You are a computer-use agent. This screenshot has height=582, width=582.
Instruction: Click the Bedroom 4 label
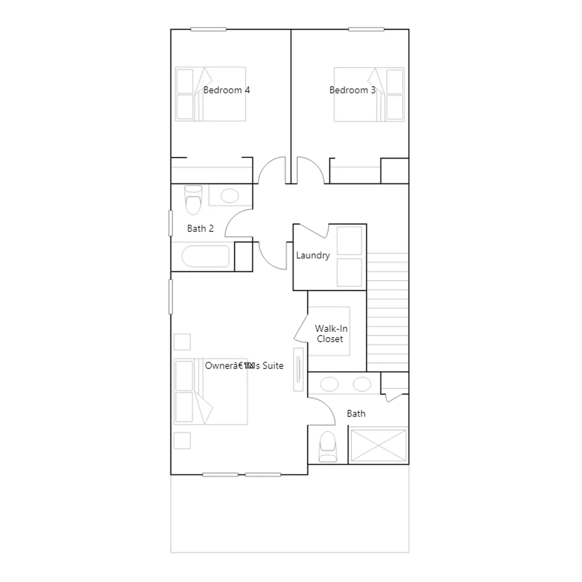pyautogui.click(x=227, y=90)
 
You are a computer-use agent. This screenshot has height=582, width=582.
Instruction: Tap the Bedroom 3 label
pyautogui.click(x=352, y=90)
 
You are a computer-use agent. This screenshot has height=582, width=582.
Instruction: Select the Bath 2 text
pyautogui.click(x=200, y=228)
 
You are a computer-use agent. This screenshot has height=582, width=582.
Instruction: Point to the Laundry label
pyautogui.click(x=313, y=255)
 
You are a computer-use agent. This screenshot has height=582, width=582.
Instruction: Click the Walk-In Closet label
pyautogui.click(x=331, y=334)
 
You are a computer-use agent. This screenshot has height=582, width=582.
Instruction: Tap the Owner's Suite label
pyautogui.click(x=244, y=366)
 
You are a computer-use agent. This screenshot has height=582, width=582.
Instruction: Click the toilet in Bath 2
pyautogui.click(x=193, y=200)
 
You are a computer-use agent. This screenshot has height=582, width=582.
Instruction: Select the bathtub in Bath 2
pyautogui.click(x=206, y=256)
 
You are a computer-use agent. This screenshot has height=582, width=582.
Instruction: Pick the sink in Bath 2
pyautogui.click(x=230, y=196)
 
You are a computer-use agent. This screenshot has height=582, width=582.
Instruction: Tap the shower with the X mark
pyautogui.click(x=378, y=446)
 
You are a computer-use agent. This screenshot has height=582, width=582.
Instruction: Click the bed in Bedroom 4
pyautogui.click(x=210, y=94)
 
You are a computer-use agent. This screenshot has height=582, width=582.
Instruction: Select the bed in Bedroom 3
pyautogui.click(x=369, y=94)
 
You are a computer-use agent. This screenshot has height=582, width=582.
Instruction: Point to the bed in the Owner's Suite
pyautogui.click(x=211, y=391)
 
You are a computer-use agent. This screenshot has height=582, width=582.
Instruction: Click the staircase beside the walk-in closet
pyautogui.click(x=388, y=312)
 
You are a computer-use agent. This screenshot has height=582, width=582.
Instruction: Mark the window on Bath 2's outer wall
pyautogui.click(x=171, y=223)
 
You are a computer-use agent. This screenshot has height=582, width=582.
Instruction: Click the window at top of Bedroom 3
pyautogui.click(x=366, y=29)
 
